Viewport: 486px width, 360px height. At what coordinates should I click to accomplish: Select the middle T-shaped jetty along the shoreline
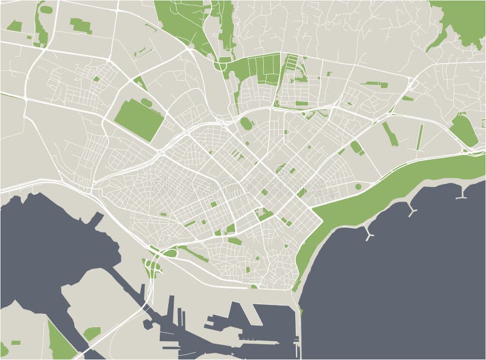pyautogui.click(x=413, y=211)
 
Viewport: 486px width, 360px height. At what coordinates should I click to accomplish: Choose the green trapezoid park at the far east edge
pyautogui.click(x=464, y=129)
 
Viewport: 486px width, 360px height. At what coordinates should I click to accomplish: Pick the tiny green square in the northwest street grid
pyautogui.click(x=97, y=78)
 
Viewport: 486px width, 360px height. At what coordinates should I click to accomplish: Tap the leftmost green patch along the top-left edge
pyautogui.click(x=13, y=25)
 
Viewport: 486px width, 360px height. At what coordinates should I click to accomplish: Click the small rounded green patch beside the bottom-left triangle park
pyautogui.click(x=92, y=333)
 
